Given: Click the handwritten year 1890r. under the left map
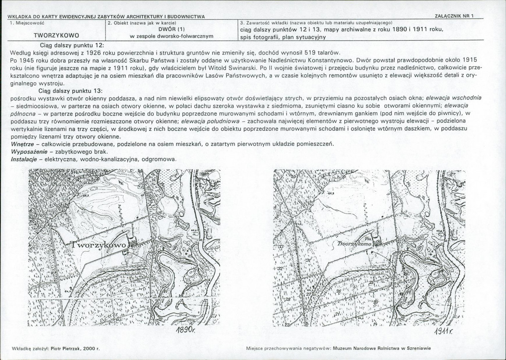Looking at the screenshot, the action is (186, 330).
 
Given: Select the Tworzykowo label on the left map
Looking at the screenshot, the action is (99, 246).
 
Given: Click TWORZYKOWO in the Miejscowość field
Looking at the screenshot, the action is (57, 35).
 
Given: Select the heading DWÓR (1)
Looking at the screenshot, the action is (171, 29).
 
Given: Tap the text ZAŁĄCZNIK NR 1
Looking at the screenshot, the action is (454, 16).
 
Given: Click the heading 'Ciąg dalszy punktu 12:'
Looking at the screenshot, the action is (72, 45).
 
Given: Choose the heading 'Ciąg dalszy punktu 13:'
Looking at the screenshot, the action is (70, 90).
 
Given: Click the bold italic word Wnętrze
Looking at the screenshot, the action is (22, 144).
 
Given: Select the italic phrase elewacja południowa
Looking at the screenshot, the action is (210, 121).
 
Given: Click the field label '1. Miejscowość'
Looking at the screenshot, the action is (27, 23).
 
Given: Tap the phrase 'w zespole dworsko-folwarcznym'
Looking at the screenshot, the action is (171, 36).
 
